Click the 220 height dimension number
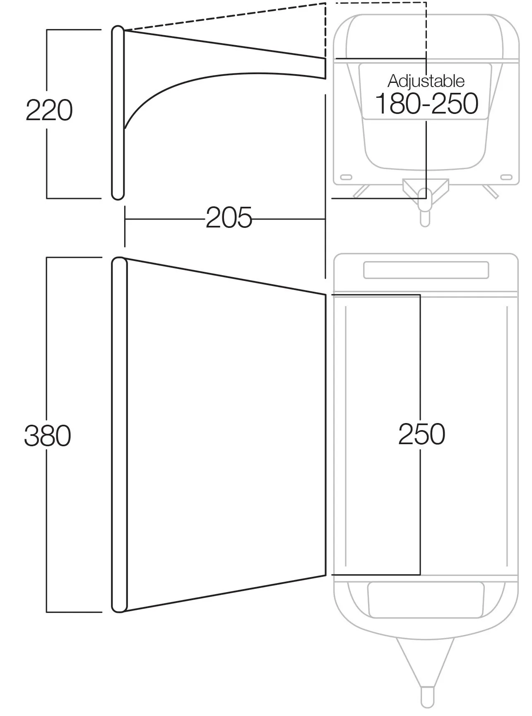[x=49, y=110]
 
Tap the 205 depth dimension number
[x=229, y=218]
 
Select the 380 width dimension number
[x=48, y=436]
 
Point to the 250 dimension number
[x=422, y=434]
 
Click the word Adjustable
[x=426, y=81]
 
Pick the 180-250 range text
[x=427, y=104]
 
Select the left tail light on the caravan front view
[x=346, y=178]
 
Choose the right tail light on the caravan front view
[x=506, y=178]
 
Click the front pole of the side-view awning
[x=118, y=113]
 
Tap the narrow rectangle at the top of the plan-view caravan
[x=426, y=270]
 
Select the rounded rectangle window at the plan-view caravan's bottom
[x=426, y=600]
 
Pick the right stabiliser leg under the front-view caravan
[x=490, y=191]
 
